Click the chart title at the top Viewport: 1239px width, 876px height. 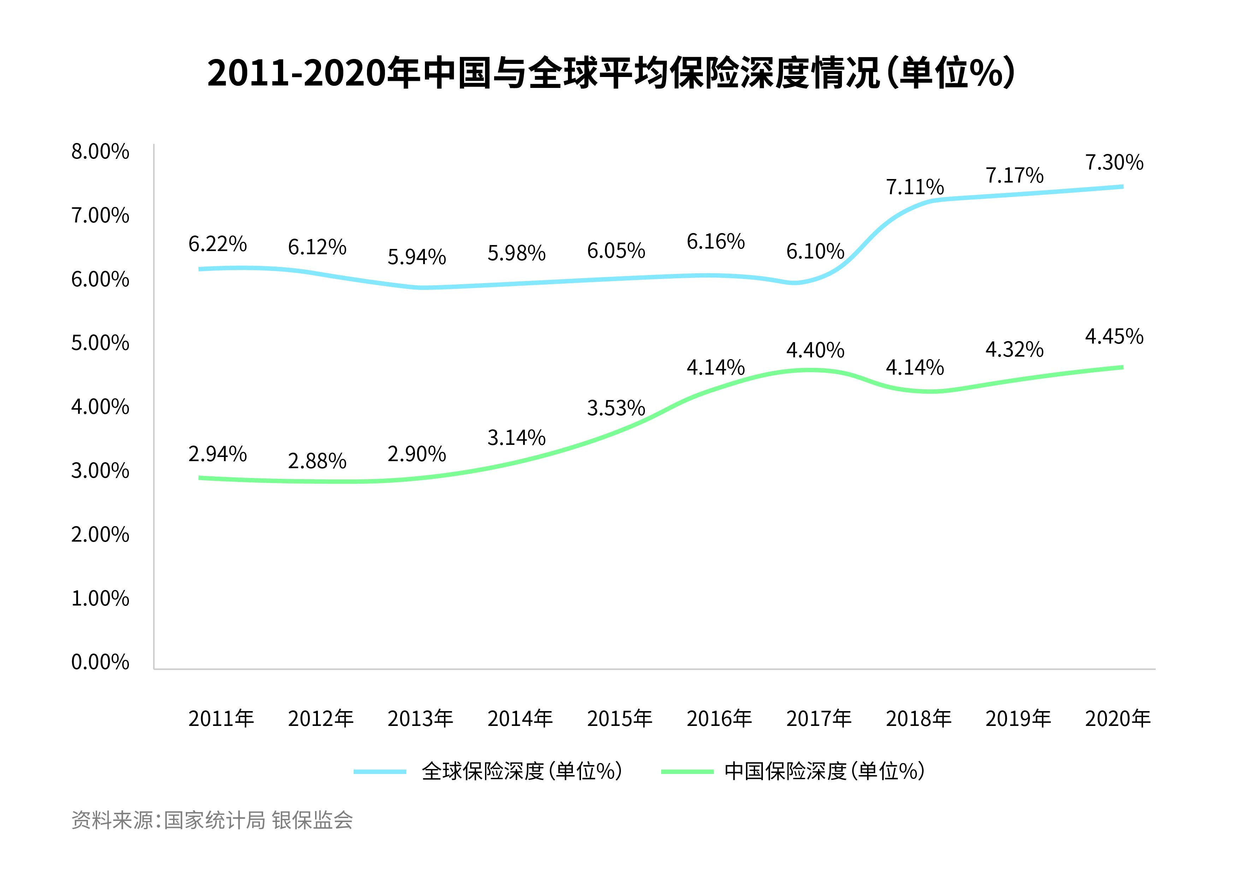click(611, 73)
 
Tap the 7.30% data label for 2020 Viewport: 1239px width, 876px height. click(1114, 162)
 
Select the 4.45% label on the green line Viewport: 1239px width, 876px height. click(1114, 336)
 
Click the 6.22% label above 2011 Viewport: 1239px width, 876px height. click(218, 244)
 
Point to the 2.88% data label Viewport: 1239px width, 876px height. click(317, 461)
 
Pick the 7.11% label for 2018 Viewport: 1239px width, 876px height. click(915, 187)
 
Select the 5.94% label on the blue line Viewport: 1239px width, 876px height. click(417, 257)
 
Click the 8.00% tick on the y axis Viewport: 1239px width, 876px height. click(100, 152)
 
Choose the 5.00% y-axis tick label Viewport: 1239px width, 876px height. click(100, 343)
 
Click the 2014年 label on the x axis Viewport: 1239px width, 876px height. click(520, 719)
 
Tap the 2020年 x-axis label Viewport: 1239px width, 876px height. click(1118, 719)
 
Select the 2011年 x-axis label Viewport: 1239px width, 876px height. click(221, 719)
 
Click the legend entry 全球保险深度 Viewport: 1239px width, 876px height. click(521, 771)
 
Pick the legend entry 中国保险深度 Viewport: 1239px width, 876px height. click(824, 771)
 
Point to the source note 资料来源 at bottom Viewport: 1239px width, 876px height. click(212, 821)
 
